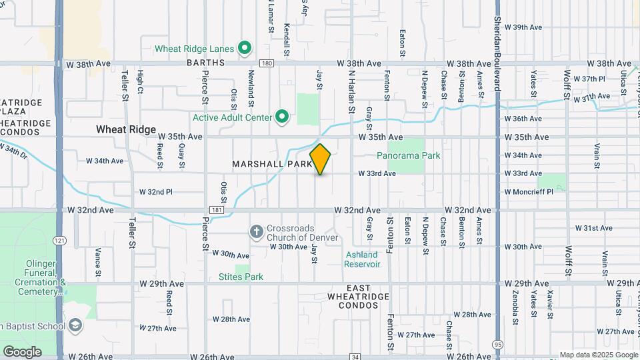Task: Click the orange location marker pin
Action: [x=321, y=159]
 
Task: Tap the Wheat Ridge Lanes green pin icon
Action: [x=245, y=48]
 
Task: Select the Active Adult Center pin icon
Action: [x=282, y=117]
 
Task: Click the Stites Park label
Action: [x=241, y=277]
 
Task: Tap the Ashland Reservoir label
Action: [x=362, y=259]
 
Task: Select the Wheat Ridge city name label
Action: [x=126, y=129]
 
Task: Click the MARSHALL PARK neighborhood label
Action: [x=272, y=163]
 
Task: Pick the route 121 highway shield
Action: [x=61, y=241]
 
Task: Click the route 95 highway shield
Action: [x=498, y=344]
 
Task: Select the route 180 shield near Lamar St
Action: [x=267, y=63]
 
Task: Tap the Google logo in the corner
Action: [x=21, y=351]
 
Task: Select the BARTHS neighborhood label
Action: [x=203, y=64]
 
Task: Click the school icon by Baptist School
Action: [x=75, y=325]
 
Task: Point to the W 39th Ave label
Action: [x=523, y=27]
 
